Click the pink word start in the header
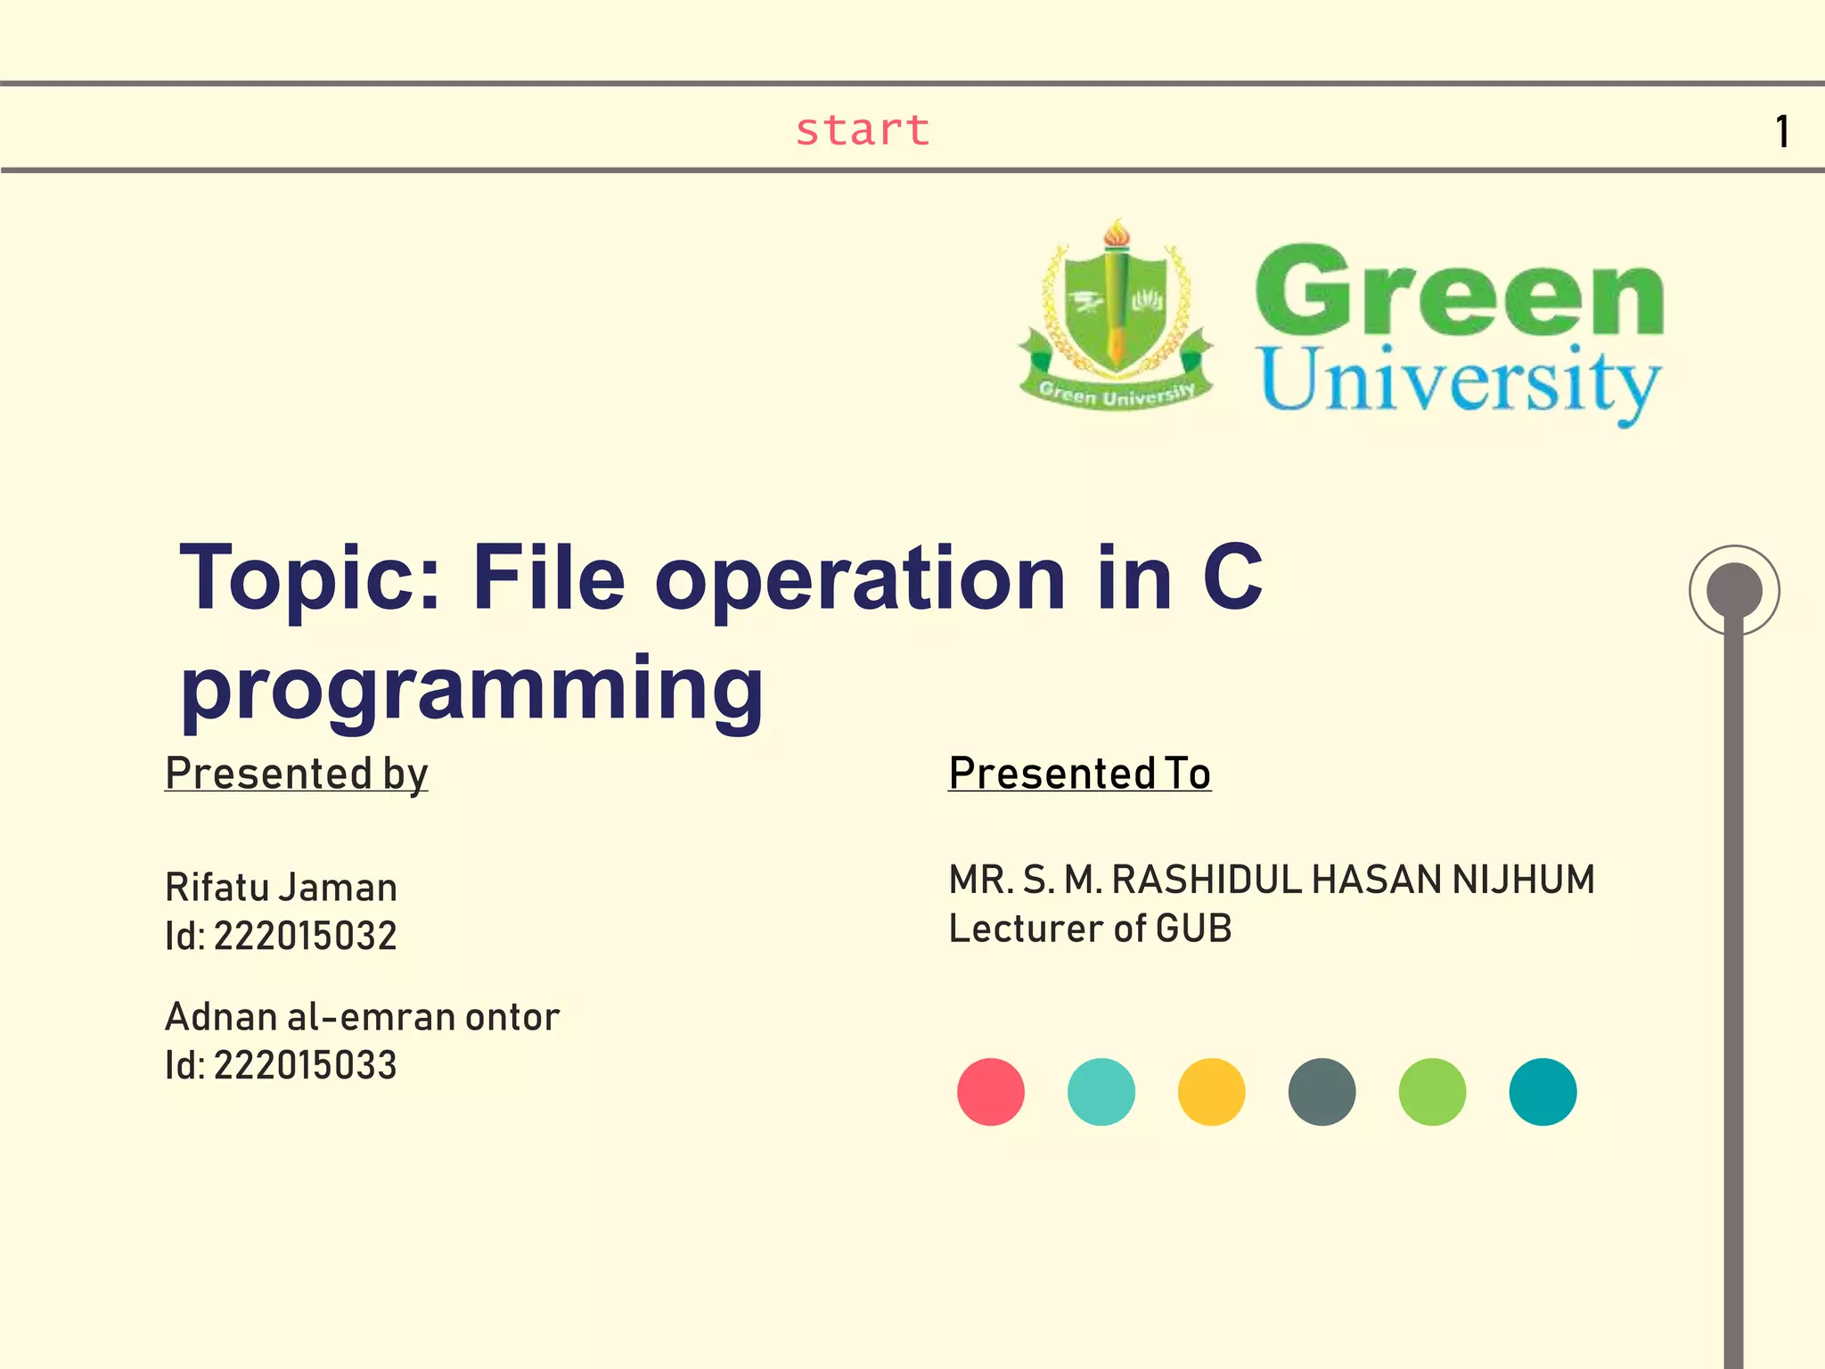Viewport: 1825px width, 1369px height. [862, 130]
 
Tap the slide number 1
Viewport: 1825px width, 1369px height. [1781, 132]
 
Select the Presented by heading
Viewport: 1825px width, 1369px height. [296, 773]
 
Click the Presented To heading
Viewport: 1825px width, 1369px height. [1079, 773]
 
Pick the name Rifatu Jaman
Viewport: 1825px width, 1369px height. [281, 888]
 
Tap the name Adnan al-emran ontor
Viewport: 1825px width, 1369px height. [362, 1017]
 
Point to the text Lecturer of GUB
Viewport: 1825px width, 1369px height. [1090, 929]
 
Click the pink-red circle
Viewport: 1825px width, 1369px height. [990, 1092]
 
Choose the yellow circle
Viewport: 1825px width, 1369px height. [1211, 1092]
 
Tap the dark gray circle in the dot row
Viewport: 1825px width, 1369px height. [1322, 1092]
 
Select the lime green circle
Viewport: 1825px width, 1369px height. [1432, 1092]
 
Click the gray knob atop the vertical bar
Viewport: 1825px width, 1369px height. [1734, 590]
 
